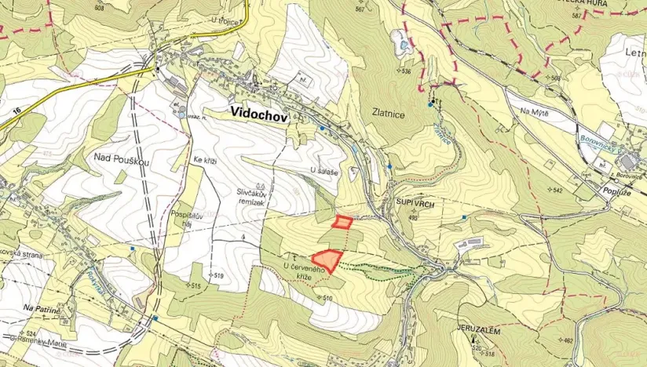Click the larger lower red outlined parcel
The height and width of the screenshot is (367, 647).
click(x=327, y=260)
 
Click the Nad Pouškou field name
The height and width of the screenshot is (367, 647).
click(x=122, y=158)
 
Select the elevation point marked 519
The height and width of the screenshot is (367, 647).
click(x=217, y=276)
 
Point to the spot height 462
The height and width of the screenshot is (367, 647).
click(x=567, y=341)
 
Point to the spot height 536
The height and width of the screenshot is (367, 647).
click(x=405, y=71)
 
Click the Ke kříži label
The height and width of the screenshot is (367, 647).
click(x=205, y=161)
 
